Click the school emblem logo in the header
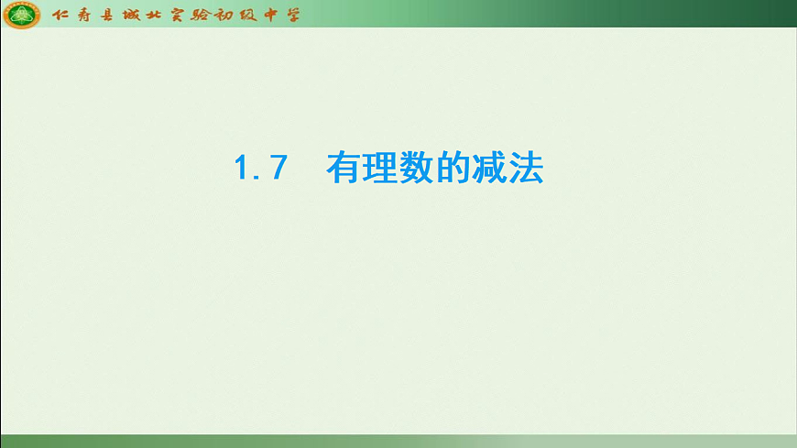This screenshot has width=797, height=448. (x=21, y=15)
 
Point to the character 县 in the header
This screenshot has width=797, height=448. (x=108, y=15)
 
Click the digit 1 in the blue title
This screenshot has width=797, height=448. (x=242, y=169)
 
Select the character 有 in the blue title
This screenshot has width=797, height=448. (x=344, y=169)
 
